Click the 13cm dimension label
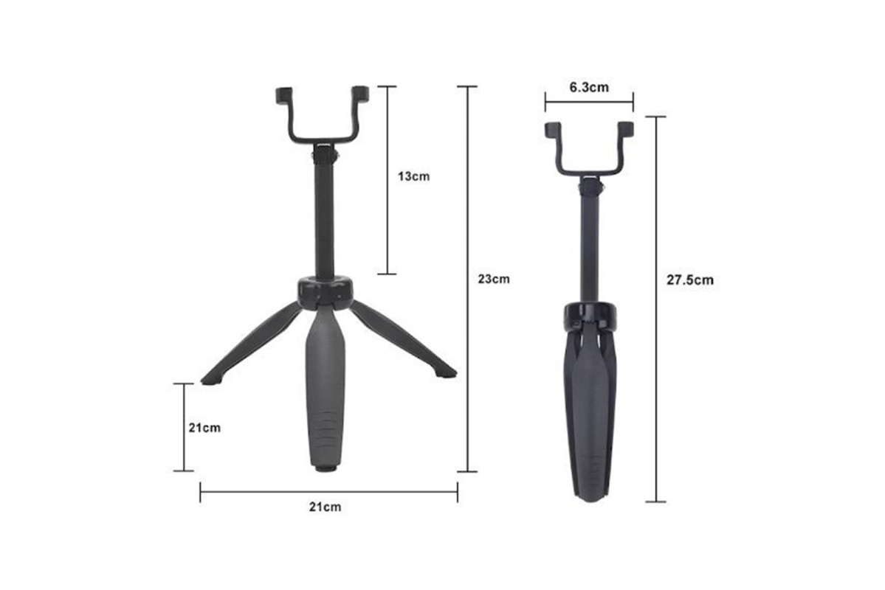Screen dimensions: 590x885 412,176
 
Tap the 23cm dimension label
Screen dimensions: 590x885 493,279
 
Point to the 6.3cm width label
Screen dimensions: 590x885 589,87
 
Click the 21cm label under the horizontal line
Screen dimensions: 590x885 325,507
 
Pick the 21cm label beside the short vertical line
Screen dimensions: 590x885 204,427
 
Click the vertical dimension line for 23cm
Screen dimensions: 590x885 466,279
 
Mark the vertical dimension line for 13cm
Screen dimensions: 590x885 387,180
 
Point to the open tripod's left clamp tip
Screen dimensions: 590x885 283,94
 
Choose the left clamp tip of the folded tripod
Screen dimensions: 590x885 553,131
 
